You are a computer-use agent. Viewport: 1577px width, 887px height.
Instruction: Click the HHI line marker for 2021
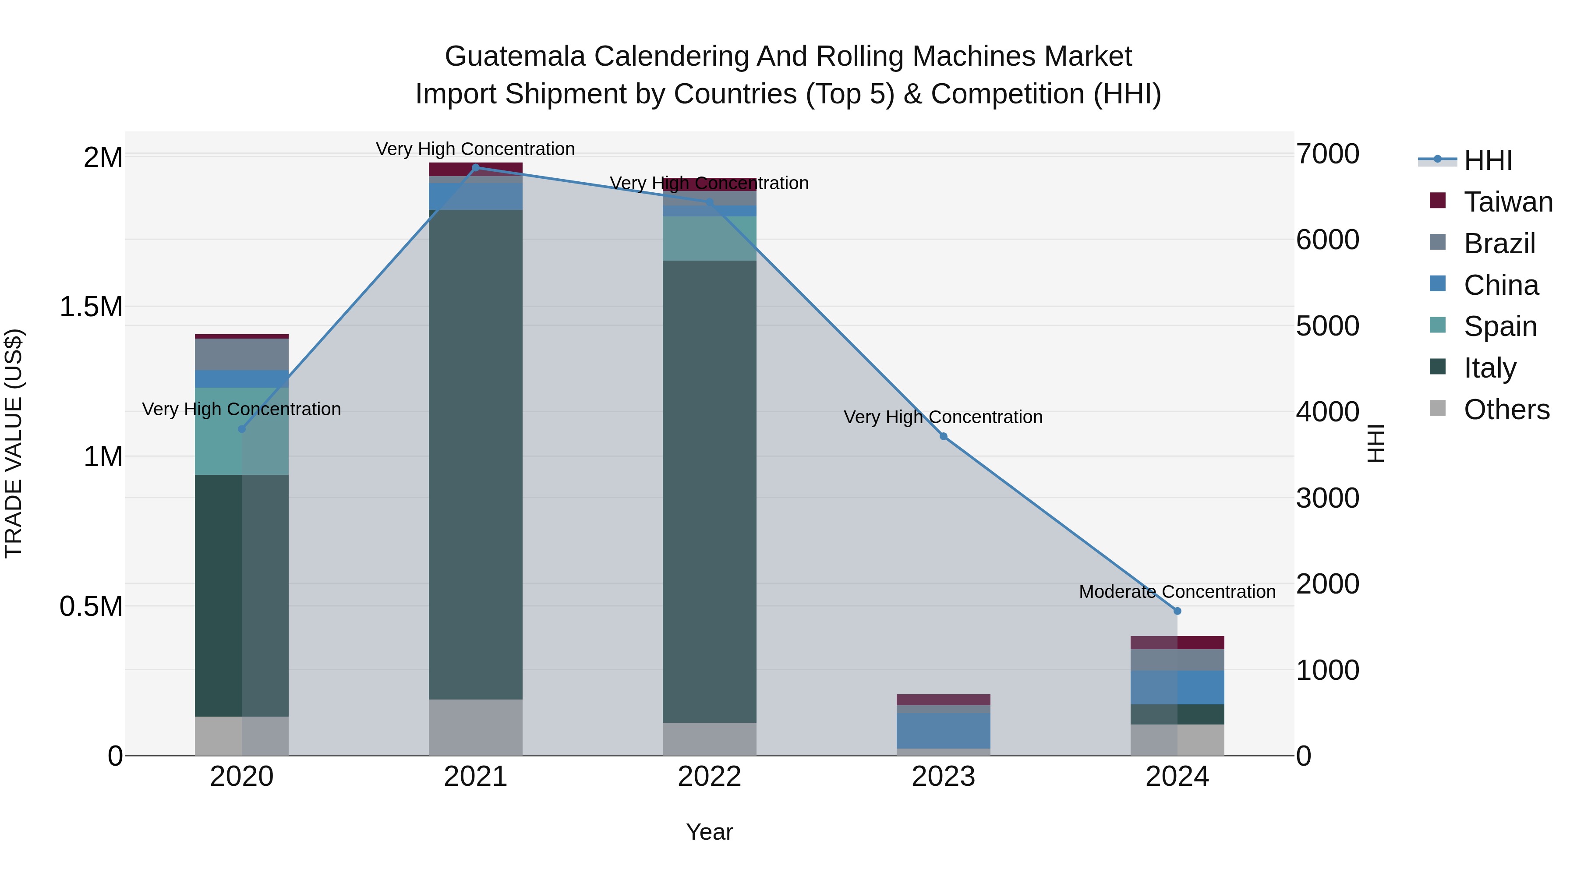point(476,167)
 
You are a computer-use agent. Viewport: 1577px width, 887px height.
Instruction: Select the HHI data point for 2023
point(944,436)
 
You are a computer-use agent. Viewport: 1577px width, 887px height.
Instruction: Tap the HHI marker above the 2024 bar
point(1177,611)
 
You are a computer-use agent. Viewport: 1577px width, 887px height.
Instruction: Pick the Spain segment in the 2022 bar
point(710,238)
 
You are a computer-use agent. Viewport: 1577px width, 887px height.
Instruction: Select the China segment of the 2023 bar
point(944,730)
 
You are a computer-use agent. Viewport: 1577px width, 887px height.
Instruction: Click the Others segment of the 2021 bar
point(476,727)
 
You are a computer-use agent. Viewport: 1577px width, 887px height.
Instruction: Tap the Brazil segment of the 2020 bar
point(242,354)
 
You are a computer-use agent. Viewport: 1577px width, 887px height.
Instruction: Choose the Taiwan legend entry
point(1508,202)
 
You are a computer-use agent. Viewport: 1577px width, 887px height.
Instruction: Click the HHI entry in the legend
point(1488,160)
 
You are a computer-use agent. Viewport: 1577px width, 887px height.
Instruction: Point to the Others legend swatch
point(1437,408)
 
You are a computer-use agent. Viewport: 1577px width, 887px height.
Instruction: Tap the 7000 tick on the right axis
point(1327,154)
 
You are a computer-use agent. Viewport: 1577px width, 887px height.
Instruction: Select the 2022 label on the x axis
point(710,777)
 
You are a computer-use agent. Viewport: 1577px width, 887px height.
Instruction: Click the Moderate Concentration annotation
point(1177,592)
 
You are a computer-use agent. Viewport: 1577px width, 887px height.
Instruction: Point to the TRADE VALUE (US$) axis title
point(14,443)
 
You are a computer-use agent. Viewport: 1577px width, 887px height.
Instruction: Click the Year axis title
point(710,832)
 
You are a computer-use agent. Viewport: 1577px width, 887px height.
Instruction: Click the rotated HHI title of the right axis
point(1375,443)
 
